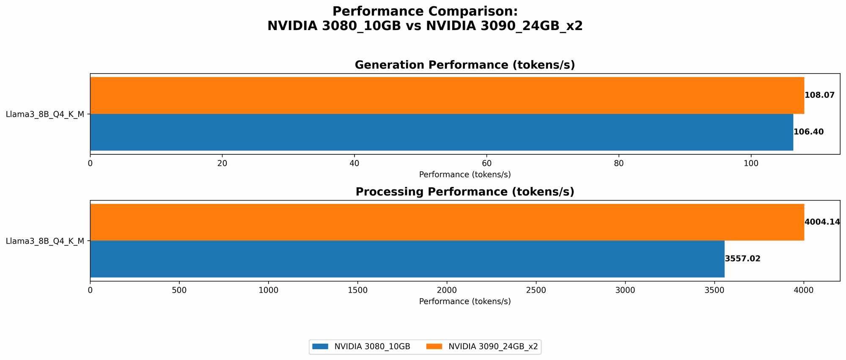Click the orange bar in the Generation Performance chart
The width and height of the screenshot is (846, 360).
coord(447,95)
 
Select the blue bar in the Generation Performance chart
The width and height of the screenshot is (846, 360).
coord(441,132)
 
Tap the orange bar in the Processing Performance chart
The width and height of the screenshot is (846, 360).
coord(447,222)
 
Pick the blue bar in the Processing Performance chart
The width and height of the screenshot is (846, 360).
coord(407,259)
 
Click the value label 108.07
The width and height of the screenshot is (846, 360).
coord(819,95)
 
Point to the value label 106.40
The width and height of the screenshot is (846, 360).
coord(808,132)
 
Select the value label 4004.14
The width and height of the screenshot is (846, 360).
coord(822,222)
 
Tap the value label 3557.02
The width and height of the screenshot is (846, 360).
coord(742,259)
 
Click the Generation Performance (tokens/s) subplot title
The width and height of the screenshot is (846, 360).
coord(464,65)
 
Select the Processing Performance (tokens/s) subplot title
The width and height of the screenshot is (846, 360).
coord(464,192)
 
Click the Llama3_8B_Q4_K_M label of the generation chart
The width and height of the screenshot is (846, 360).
coord(45,114)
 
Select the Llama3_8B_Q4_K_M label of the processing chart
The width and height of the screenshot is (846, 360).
coord(45,241)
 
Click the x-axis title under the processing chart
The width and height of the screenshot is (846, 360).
coord(464,302)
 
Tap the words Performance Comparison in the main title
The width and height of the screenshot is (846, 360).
coord(425,11)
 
